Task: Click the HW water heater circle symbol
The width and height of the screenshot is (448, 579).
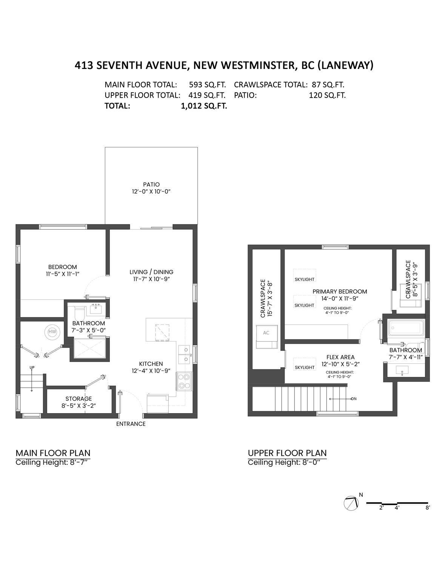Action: [52, 332]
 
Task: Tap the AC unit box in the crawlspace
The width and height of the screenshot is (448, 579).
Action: [266, 333]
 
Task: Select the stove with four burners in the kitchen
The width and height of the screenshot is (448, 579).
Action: [184, 381]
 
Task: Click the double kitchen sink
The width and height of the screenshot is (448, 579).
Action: [184, 355]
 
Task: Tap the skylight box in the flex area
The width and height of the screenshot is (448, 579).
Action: [304, 367]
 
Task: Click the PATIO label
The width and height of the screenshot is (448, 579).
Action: [151, 184]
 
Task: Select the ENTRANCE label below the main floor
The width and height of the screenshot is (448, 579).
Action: [131, 424]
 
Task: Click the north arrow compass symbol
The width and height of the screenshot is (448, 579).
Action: [351, 503]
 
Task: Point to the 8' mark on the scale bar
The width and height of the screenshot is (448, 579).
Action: [428, 507]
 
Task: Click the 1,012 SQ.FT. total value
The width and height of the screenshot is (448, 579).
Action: [204, 106]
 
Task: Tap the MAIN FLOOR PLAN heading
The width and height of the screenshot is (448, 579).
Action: [53, 453]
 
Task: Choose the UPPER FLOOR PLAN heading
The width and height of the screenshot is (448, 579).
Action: [287, 453]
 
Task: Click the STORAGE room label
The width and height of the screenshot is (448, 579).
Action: [79, 398]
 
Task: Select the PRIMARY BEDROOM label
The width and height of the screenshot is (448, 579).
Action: [340, 291]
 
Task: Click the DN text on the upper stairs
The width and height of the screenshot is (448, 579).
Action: [354, 399]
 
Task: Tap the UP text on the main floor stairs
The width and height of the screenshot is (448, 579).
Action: [32, 367]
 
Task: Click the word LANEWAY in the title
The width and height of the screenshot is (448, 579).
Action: [345, 65]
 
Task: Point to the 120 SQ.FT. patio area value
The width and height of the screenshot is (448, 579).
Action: [327, 95]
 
